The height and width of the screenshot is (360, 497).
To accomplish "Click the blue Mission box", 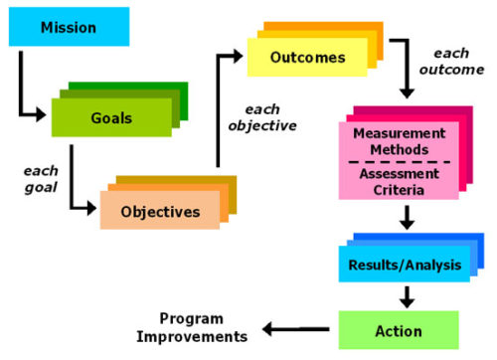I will click(68, 27).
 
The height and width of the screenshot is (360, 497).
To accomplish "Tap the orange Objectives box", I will click(158, 210).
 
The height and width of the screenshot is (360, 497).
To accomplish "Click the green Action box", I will click(398, 329).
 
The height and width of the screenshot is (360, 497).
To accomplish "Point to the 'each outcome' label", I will click(458, 61).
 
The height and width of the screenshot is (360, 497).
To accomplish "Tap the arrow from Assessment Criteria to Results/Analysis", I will click(407, 217).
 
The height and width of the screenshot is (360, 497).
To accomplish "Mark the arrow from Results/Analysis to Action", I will click(407, 296).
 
